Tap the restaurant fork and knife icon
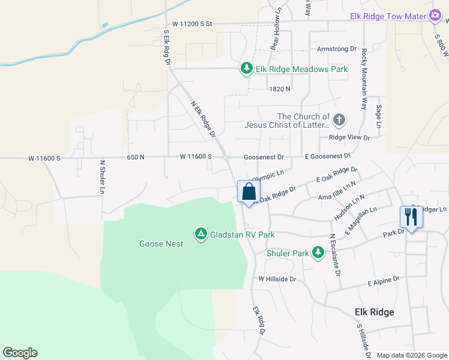(x=411, y=217)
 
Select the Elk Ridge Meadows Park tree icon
(x=246, y=69)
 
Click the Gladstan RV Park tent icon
(x=201, y=233)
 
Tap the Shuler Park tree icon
(x=318, y=253)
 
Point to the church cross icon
(x=339, y=120)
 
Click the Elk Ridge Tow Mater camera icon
(x=435, y=16)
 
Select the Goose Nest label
(x=161, y=244)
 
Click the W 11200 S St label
(x=193, y=23)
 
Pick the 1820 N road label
(x=280, y=88)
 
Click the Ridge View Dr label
(x=349, y=137)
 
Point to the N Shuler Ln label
(x=103, y=177)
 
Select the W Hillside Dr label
(x=277, y=279)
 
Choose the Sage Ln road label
(x=379, y=115)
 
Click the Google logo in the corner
(x=20, y=353)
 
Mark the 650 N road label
(x=136, y=157)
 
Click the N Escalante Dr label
(x=336, y=255)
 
